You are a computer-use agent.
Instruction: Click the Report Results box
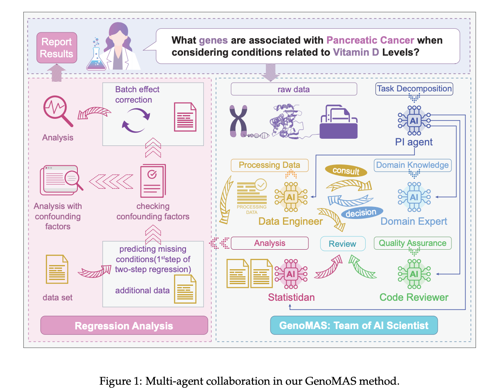pos(57,47)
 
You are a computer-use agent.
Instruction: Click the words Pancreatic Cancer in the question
pos(370,40)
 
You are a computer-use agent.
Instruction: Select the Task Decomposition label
pos(414,88)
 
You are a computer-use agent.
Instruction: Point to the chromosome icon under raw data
pos(239,121)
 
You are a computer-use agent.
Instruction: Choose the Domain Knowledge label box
pos(412,165)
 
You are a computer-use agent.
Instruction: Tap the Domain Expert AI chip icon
pos(414,196)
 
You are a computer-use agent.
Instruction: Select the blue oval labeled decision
pos(361,213)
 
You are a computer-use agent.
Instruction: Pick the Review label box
pos(342,244)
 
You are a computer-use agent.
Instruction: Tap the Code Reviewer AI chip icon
pos(414,274)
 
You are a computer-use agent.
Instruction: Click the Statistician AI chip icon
pos(290,274)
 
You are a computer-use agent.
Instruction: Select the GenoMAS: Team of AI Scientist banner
pos(354,325)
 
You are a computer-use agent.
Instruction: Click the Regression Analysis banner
pos(124,325)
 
